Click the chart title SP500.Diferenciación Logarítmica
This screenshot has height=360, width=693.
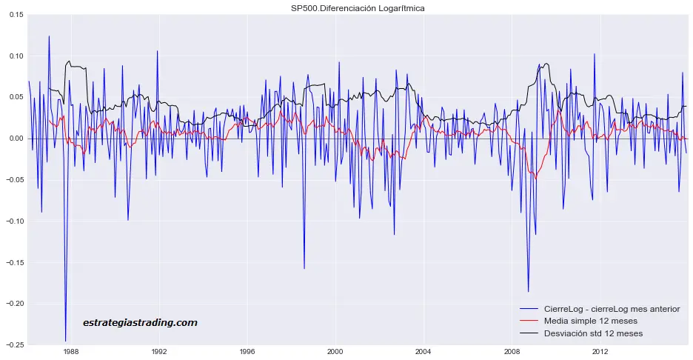[x=358, y=8]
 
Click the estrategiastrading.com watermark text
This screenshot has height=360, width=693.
[x=140, y=323]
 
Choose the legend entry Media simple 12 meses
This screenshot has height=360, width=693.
[x=590, y=321]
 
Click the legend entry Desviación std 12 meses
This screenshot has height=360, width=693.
[x=593, y=334]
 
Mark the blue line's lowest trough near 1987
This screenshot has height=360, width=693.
[x=65, y=341]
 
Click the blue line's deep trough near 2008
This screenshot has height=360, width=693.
[x=528, y=291]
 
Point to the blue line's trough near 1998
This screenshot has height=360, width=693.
[x=304, y=268]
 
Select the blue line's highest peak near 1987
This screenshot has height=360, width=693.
[x=49, y=36]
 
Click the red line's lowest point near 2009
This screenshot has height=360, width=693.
[x=536, y=179]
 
